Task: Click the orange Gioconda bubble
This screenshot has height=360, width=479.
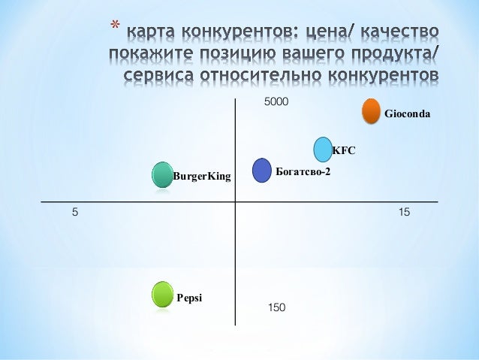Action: coord(371,110)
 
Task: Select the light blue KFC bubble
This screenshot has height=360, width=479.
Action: coord(322,150)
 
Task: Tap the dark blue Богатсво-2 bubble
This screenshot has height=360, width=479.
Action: coord(261,171)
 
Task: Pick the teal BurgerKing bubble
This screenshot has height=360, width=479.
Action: coord(162,175)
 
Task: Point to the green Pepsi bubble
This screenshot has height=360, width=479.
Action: coord(162,295)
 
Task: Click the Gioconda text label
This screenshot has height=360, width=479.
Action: coord(407,115)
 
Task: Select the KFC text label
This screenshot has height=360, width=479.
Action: coord(343,150)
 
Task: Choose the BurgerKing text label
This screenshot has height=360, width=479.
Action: coord(202,177)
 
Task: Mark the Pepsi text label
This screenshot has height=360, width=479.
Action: coord(189,297)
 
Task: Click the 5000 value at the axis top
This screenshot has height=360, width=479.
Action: coord(277,101)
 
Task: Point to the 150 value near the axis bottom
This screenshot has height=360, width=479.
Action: coord(276,307)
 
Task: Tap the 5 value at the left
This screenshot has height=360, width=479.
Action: coord(75,213)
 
